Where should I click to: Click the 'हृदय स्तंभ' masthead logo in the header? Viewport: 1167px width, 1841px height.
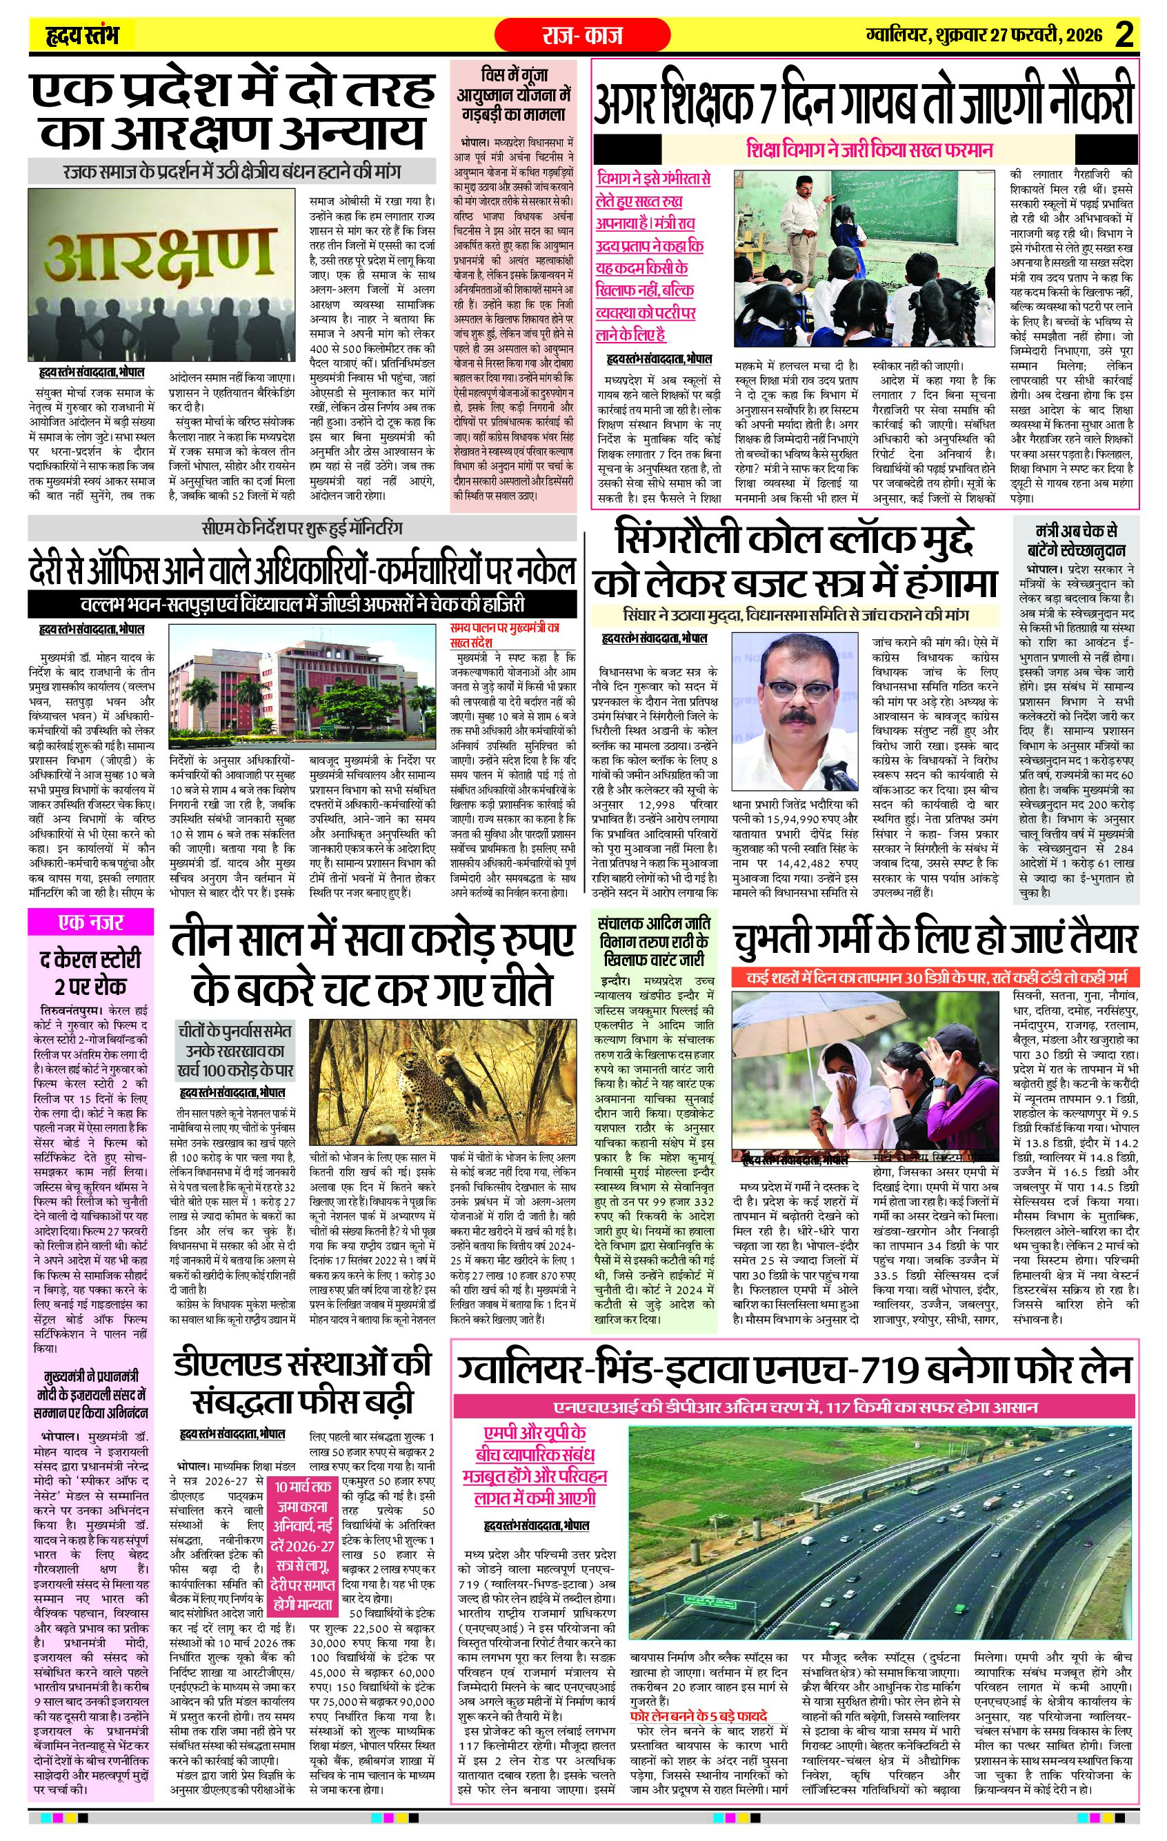tap(83, 35)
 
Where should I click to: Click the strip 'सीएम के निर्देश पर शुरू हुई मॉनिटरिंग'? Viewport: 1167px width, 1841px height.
tap(302, 527)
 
